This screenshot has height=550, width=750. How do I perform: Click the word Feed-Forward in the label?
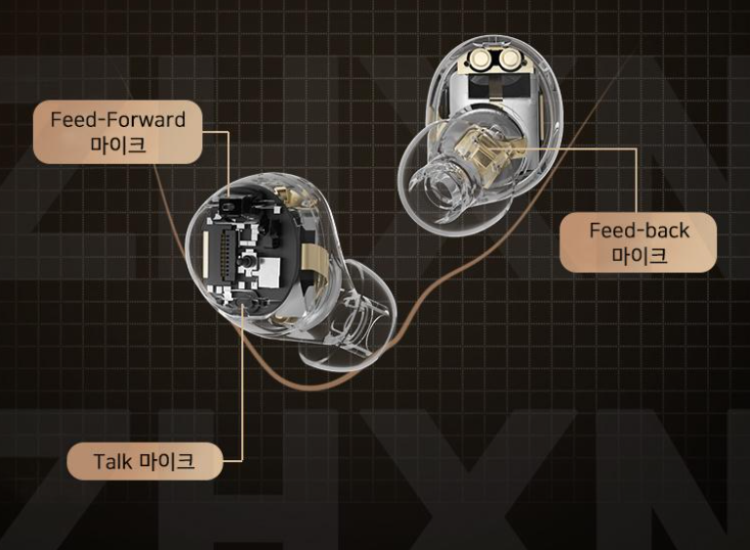click(x=118, y=120)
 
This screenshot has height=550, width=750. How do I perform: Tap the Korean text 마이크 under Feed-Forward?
click(x=118, y=147)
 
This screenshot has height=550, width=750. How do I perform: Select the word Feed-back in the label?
click(x=639, y=231)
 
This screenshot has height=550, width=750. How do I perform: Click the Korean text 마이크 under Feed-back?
click(x=639, y=256)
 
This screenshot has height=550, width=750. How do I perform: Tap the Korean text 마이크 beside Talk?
click(x=167, y=460)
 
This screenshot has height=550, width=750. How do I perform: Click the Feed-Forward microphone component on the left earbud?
click(x=232, y=204)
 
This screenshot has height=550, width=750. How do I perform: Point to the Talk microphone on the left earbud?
click(x=243, y=308)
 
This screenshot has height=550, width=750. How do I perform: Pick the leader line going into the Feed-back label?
click(x=637, y=186)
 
